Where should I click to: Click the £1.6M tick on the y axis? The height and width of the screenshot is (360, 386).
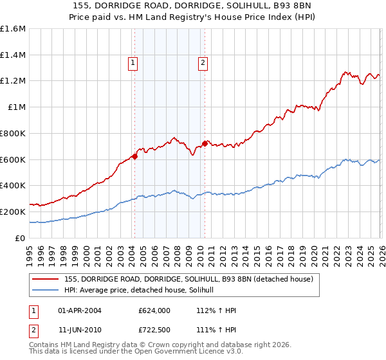(x=13, y=29)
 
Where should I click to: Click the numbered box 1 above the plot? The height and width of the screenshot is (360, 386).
(x=133, y=63)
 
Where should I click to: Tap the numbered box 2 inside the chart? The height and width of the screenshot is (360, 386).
(x=203, y=63)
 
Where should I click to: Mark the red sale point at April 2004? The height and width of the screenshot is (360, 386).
(x=134, y=156)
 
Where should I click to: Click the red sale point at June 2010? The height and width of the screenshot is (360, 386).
(x=205, y=143)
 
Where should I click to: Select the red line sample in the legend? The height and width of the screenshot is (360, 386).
(x=46, y=279)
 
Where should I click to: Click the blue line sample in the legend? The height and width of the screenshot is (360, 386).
(x=46, y=290)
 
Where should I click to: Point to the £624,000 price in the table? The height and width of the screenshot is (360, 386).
(x=154, y=310)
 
